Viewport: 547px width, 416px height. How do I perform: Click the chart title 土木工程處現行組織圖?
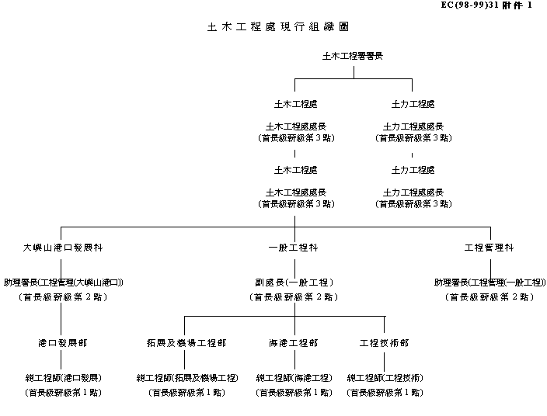pyautogui.click(x=277, y=26)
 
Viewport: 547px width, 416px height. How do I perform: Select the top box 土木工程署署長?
pyautogui.click(x=353, y=56)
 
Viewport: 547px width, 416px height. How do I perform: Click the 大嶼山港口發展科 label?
pyautogui.click(x=62, y=248)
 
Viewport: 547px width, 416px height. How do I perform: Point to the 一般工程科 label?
pyautogui.click(x=294, y=248)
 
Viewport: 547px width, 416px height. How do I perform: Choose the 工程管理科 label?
pyautogui.click(x=489, y=248)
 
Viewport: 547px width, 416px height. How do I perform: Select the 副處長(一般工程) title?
pyautogui.click(x=294, y=283)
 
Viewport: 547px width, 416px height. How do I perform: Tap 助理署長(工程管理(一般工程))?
pyautogui.click(x=490, y=283)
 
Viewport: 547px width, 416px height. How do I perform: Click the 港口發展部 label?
pyautogui.click(x=62, y=342)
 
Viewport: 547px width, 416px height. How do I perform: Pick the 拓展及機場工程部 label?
pyautogui.click(x=186, y=342)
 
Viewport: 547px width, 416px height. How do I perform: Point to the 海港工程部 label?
pyautogui.click(x=294, y=342)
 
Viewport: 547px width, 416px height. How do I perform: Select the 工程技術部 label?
pyautogui.click(x=384, y=342)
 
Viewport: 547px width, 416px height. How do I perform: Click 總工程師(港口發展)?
pyautogui.click(x=63, y=378)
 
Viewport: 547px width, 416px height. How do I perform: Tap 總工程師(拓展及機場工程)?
pyautogui.click(x=186, y=378)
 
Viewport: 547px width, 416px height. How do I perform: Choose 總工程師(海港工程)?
pyautogui.click(x=294, y=378)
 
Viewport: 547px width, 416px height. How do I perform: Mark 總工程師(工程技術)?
pyautogui.click(x=385, y=378)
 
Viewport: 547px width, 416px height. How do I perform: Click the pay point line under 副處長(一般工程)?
pyautogui.click(x=294, y=296)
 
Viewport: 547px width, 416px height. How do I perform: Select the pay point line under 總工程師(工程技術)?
pyautogui.click(x=385, y=392)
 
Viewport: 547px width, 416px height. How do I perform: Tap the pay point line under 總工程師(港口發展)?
pyautogui.click(x=63, y=392)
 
